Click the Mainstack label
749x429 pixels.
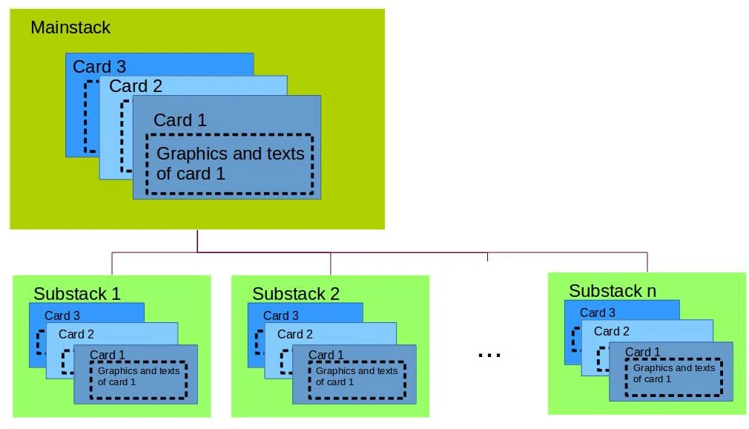[x=70, y=28]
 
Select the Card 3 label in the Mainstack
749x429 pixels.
[x=99, y=67]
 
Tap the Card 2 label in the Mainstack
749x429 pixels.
[x=136, y=86]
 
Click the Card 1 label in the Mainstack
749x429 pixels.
[x=180, y=120]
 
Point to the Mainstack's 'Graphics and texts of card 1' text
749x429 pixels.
[x=231, y=164]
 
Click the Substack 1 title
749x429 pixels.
[x=77, y=294]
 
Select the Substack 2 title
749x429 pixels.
[x=296, y=294]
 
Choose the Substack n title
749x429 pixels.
[x=613, y=291]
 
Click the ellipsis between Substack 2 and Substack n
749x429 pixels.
[x=489, y=355]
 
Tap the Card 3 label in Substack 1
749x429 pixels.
[x=62, y=315]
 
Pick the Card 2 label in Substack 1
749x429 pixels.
[x=76, y=335]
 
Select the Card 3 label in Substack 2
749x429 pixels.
[x=281, y=315]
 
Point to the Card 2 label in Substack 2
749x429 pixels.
[x=295, y=335]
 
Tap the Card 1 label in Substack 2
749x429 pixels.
[x=326, y=355]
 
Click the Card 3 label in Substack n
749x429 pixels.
[x=598, y=312]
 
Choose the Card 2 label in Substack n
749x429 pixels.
[x=612, y=332]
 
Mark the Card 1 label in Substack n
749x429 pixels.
[x=643, y=352]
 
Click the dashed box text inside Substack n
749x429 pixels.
[x=674, y=373]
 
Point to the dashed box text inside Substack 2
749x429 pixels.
[x=357, y=376]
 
